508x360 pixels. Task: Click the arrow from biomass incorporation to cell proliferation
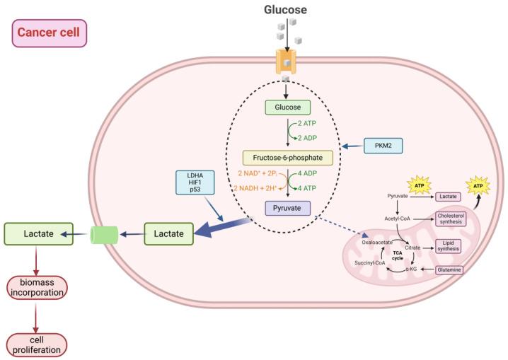pos(35,315)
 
